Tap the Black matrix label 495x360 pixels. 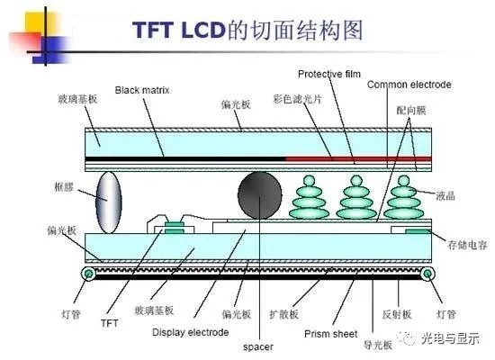click(142, 90)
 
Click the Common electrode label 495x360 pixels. click(409, 85)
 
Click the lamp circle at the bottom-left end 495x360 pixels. click(86, 273)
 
